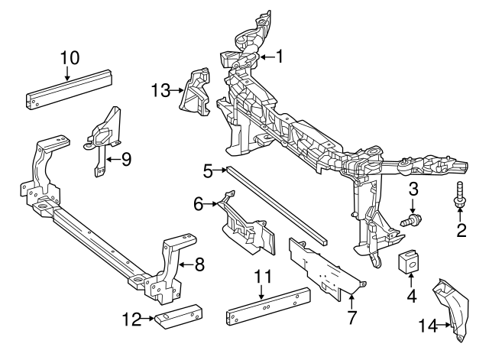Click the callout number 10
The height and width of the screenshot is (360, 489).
coord(69,57)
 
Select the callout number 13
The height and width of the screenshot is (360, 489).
coord(160,91)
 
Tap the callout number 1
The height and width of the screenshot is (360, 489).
coord(280,56)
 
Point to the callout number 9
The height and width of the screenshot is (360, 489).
coord(125,159)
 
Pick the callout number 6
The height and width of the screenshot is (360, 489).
coord(197,204)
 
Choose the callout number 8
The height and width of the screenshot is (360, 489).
coord(199,265)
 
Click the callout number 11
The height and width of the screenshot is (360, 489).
coord(262,276)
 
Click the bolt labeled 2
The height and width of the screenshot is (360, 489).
coord(461,196)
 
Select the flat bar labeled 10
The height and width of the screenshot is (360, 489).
coord(70,90)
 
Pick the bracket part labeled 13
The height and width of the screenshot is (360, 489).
coord(195,94)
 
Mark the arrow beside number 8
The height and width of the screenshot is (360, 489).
coord(186,265)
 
